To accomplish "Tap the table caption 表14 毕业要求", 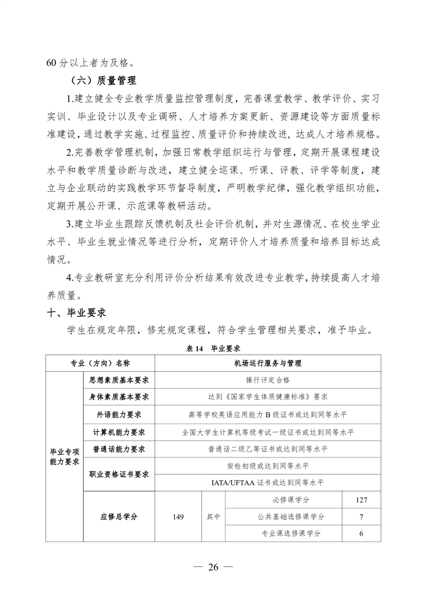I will [x=213, y=348].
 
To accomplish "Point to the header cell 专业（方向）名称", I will [x=100, y=363].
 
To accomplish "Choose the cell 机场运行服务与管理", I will [x=268, y=363].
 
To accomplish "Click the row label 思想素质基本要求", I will [x=119, y=379].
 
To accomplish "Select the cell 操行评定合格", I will [x=268, y=379].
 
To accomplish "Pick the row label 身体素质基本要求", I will [x=119, y=397].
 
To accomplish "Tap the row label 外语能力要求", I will [x=119, y=414].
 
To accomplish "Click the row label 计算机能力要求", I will [x=119, y=432].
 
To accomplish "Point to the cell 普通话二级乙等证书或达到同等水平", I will [x=268, y=449].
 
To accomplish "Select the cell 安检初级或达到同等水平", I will [x=268, y=465].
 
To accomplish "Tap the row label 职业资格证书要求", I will [x=119, y=474].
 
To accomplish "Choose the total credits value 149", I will [x=178, y=516].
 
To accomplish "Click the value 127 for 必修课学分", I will [x=361, y=500].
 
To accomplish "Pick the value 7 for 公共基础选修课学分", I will [x=361, y=516].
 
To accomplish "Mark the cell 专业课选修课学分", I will [x=284, y=533].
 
